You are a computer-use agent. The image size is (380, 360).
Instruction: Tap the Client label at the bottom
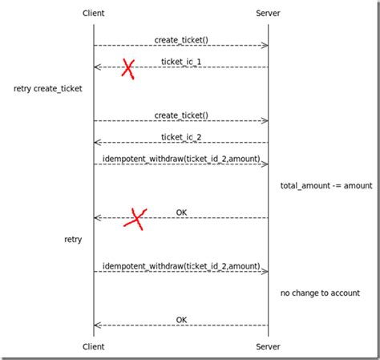[93, 346]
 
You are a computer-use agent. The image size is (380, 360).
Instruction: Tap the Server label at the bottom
[268, 346]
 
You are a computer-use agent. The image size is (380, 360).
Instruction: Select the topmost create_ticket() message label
[181, 39]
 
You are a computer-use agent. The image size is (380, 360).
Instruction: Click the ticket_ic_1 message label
[181, 61]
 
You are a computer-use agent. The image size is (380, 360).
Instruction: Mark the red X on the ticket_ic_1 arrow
[128, 68]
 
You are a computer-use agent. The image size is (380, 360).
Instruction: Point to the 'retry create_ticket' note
[47, 88]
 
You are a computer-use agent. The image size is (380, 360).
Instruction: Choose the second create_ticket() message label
[181, 115]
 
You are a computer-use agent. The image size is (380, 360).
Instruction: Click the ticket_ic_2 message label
[181, 136]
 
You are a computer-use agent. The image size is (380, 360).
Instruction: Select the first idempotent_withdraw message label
[181, 158]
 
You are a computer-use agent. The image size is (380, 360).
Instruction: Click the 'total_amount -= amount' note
[325, 185]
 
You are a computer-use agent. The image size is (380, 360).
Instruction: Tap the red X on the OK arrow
[136, 218]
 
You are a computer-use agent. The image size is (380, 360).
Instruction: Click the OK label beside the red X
[182, 212]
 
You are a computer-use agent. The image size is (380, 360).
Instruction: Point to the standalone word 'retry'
[73, 239]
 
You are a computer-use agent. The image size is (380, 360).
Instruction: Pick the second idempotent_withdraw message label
[181, 265]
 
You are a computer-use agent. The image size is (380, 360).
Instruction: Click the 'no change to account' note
[320, 293]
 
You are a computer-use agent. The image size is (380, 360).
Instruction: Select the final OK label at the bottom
[182, 319]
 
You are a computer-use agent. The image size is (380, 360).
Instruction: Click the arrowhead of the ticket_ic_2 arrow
[97, 143]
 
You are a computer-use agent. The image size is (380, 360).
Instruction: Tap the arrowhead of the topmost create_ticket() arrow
[265, 46]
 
